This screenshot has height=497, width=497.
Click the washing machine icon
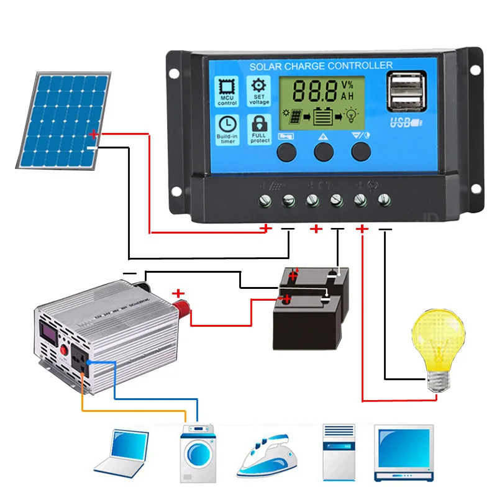click(x=197, y=453)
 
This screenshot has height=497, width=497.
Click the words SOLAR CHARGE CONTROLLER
click(x=321, y=65)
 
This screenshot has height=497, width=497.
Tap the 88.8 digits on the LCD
click(x=315, y=91)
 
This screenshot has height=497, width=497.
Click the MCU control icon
click(x=227, y=92)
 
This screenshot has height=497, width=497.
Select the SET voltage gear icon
click(x=259, y=91)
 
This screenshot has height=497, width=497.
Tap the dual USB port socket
click(x=403, y=93)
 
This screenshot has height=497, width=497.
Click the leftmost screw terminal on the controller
click(x=265, y=200)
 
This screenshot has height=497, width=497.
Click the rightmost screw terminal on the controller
click(x=383, y=200)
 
